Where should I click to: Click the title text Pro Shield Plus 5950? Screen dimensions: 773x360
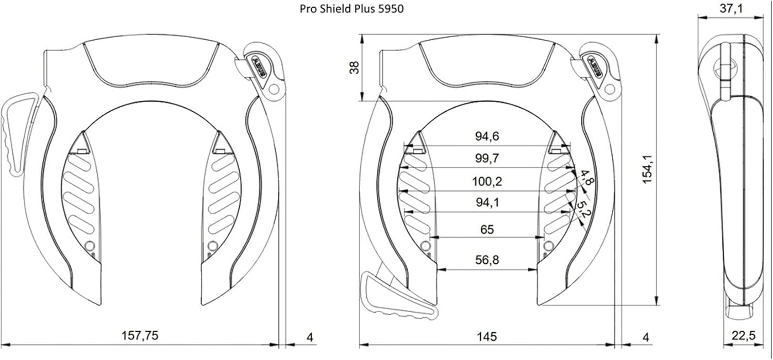point(351,9)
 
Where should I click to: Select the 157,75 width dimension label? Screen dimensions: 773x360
point(140,335)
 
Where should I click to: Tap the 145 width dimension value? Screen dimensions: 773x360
point(486,336)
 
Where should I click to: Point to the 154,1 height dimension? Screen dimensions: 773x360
point(648,169)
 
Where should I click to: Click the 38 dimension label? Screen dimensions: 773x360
point(355,67)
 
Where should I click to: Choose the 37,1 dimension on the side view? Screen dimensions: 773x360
point(731,8)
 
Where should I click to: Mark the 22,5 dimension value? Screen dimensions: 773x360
point(743,335)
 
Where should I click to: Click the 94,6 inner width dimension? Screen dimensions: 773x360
point(487,136)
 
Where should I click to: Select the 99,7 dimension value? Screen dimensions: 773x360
point(487,158)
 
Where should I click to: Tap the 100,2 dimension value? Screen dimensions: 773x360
point(487,181)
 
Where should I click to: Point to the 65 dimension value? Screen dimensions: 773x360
point(487,230)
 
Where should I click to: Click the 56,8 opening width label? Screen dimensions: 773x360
point(487,260)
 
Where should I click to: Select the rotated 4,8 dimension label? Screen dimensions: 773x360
point(585,178)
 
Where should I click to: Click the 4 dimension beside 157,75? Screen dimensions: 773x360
point(310,337)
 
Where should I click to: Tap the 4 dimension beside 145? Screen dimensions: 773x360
point(646,337)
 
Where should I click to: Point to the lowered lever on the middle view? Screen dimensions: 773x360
point(397,297)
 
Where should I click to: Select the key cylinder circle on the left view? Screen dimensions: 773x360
point(274,89)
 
